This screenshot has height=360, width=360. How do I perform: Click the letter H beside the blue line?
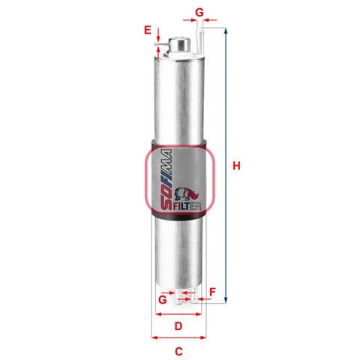point(236,166)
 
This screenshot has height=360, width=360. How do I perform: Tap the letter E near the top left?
point(148,30)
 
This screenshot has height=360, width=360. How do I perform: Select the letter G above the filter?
point(199,12)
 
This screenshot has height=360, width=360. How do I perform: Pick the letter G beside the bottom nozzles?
point(163,299)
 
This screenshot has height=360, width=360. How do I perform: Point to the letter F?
point(212,292)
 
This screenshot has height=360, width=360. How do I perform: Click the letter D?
point(178,326)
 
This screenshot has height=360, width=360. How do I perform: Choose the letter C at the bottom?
point(178,352)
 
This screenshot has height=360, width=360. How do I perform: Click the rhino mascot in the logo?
point(186,193)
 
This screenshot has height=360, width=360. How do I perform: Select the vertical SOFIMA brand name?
point(166,180)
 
